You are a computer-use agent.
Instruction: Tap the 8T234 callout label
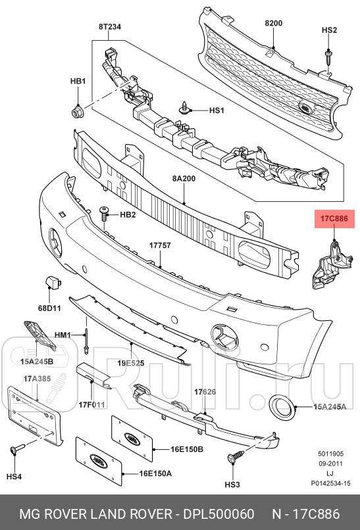111,27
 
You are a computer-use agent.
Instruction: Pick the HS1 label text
217,111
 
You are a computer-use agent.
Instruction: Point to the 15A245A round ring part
282,408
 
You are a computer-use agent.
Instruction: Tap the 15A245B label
37,361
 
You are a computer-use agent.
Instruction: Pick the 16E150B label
186,449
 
